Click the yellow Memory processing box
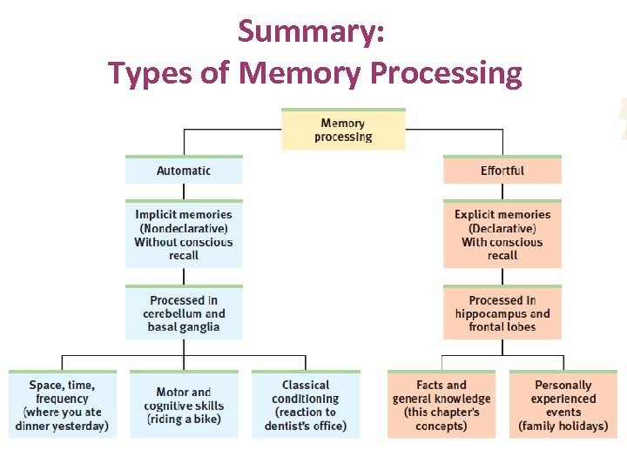[x=343, y=130]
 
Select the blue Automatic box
[x=184, y=171]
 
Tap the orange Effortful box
[x=502, y=171]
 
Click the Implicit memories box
[x=184, y=235]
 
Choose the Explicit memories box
[x=502, y=235]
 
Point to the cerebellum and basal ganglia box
[x=184, y=313]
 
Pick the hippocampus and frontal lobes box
[x=502, y=313]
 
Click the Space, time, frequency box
[x=62, y=406]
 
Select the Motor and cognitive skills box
[x=184, y=406]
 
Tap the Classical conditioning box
[x=306, y=406]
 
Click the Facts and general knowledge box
[x=442, y=406]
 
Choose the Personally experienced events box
[x=563, y=406]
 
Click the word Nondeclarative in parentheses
[x=184, y=228]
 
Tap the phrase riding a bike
[x=184, y=420]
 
